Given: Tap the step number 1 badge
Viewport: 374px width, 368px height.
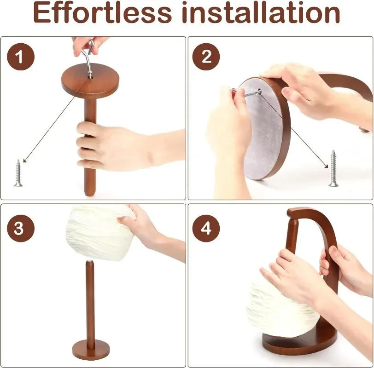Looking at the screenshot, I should click(19, 57).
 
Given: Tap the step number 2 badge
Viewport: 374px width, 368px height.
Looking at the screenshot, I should click(206, 57).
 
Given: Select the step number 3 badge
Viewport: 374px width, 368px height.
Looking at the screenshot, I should click(19, 228).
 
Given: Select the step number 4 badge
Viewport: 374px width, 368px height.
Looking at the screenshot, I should click(206, 228).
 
